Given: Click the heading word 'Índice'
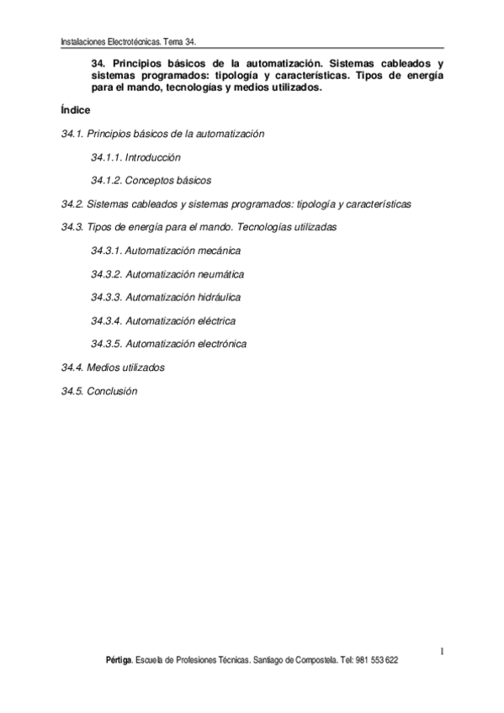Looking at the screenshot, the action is [x=76, y=111].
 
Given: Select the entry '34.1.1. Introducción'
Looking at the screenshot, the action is [x=135, y=157].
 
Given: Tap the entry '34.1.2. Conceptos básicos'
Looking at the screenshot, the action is [x=151, y=180].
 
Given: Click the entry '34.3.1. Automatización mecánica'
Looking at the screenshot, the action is [x=166, y=251].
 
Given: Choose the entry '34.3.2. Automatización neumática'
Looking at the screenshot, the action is [x=167, y=274].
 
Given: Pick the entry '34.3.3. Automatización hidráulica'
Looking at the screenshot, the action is [x=166, y=297].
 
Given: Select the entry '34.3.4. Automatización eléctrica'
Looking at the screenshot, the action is [x=163, y=320].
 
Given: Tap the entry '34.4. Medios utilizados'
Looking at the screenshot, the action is [x=113, y=367].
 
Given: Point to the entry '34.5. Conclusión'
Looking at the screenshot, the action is [x=99, y=391].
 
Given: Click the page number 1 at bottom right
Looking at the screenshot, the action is [x=441, y=650].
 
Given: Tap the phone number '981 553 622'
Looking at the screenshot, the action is [x=377, y=661].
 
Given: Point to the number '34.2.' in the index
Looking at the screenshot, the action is [x=72, y=204].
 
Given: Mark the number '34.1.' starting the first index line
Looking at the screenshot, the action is [x=72, y=134].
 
